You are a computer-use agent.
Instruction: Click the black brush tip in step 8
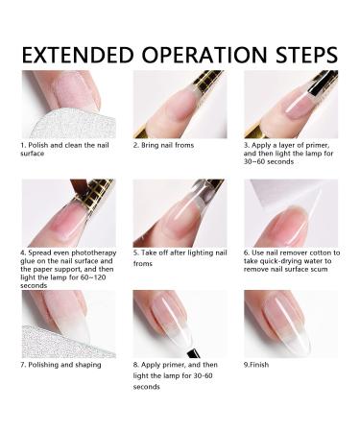(x=192, y=352)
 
